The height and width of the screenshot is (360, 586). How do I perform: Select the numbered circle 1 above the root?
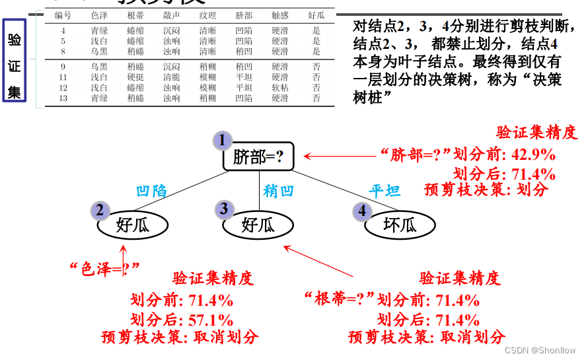pyautogui.click(x=223, y=140)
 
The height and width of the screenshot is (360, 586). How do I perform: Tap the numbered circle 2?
pyautogui.click(x=100, y=211)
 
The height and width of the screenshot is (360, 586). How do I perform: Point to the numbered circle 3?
pyautogui.click(x=225, y=209)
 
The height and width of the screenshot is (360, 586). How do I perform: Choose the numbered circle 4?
pyautogui.click(x=361, y=211)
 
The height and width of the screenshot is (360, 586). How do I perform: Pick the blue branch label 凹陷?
pyautogui.click(x=151, y=192)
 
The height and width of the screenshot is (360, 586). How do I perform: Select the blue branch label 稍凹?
pyautogui.click(x=277, y=192)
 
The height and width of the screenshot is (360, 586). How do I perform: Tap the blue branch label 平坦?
pyautogui.click(x=385, y=192)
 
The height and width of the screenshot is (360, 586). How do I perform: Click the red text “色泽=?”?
pyautogui.click(x=105, y=268)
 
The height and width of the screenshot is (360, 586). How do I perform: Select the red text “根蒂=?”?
pyautogui.click(x=339, y=299)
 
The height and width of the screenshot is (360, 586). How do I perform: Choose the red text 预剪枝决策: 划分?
pyautogui.click(x=486, y=190)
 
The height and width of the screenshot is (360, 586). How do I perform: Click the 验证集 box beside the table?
pyautogui.click(x=15, y=60)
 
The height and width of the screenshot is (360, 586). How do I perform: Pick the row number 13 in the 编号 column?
pyautogui.click(x=63, y=98)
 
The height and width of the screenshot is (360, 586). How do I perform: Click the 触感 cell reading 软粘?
pyautogui.click(x=279, y=88)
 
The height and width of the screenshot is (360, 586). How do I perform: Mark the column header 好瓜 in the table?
pyautogui.click(x=316, y=15)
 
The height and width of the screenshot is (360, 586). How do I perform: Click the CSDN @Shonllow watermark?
pyautogui.click(x=540, y=351)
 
